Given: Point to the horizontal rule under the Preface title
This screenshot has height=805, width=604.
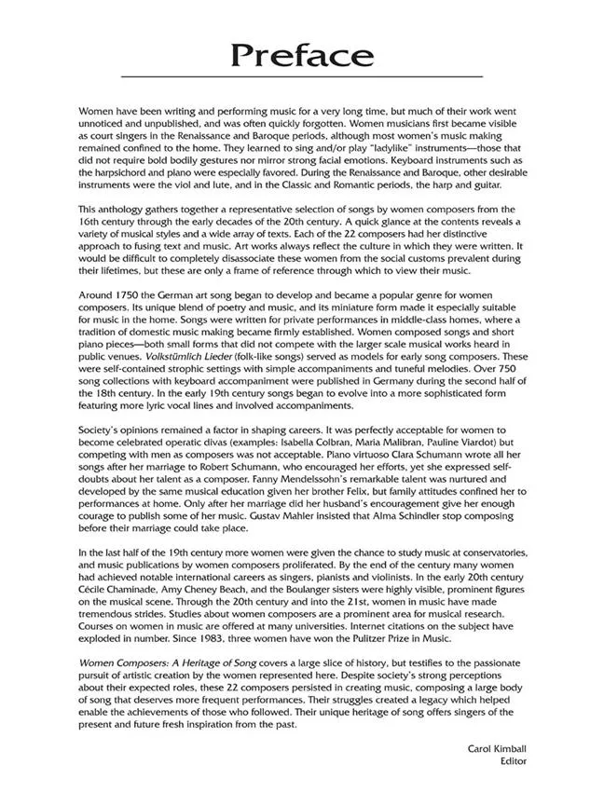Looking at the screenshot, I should (x=302, y=75).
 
